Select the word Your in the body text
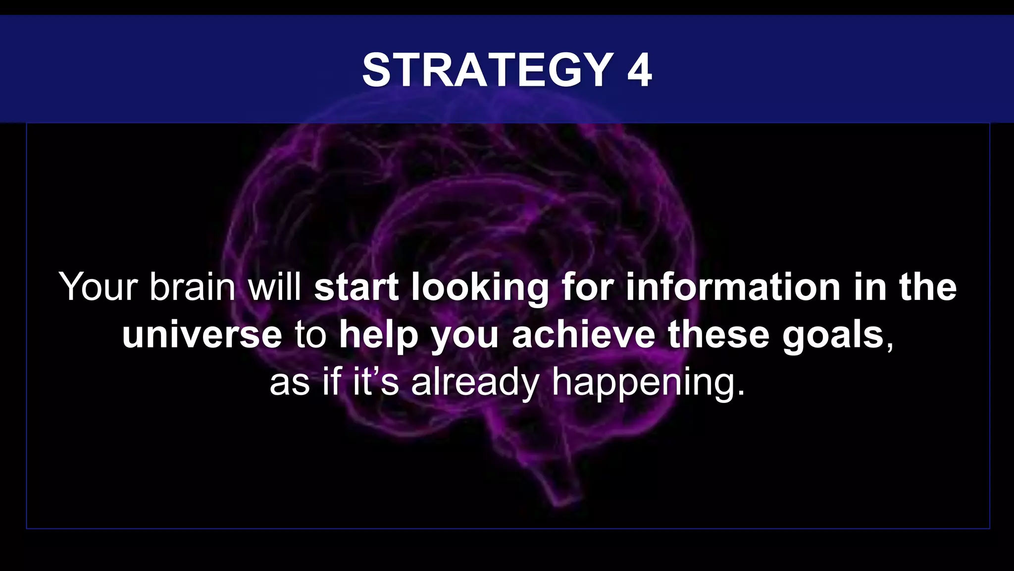(x=98, y=287)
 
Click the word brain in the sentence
(x=193, y=287)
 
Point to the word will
(x=275, y=287)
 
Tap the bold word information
(x=733, y=287)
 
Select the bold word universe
(x=202, y=335)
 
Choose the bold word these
(x=718, y=335)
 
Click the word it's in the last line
(x=375, y=382)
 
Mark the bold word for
(x=587, y=287)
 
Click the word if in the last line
(x=332, y=382)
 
